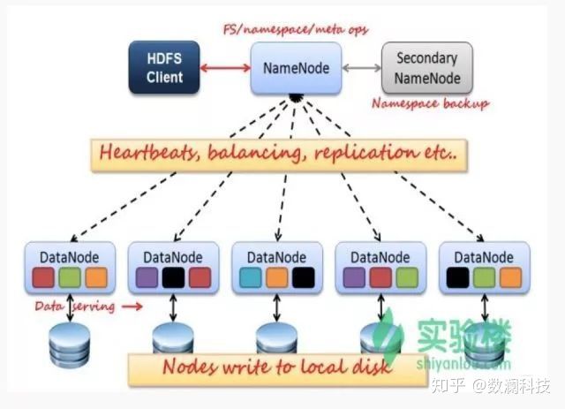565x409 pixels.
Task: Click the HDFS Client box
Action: [165, 68]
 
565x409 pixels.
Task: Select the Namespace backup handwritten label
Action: [430, 104]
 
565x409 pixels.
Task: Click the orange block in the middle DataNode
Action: [279, 278]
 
